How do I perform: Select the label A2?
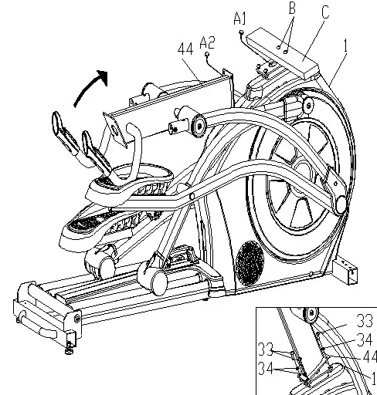(206, 42)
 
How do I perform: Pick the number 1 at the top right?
(345, 46)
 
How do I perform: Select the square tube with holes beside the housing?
(348, 271)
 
